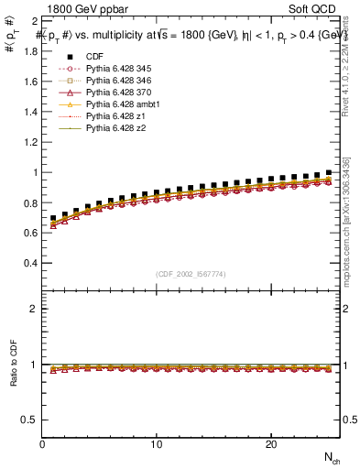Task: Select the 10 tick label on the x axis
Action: click(x=157, y=444)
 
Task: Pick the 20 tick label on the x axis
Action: click(x=271, y=444)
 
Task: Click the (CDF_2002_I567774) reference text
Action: click(x=191, y=275)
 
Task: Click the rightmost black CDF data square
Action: click(x=329, y=172)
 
